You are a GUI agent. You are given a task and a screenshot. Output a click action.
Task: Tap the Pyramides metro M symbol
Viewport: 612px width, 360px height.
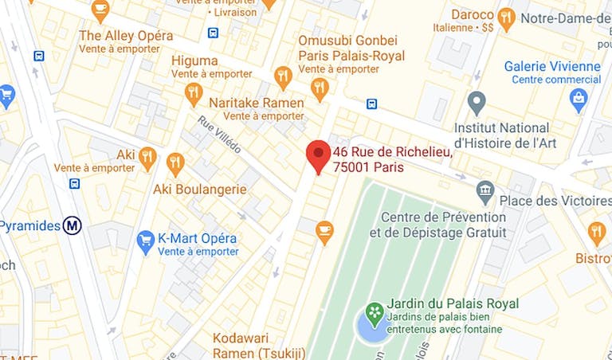pos(73,225)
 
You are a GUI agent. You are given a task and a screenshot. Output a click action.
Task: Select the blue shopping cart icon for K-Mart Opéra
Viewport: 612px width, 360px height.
pos(145,239)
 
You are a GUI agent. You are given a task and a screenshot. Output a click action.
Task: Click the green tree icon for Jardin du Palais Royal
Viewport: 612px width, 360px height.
pos(373,311)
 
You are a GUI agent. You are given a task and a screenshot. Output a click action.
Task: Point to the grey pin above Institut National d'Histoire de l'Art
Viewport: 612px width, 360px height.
pos(477,102)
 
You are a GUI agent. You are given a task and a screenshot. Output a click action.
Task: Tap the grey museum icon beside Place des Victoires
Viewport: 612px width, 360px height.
pos(485,191)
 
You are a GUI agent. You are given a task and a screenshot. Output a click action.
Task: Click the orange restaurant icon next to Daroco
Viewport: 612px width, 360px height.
pos(506,17)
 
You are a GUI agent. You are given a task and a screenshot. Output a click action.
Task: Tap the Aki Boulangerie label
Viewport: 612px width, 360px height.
pos(200,190)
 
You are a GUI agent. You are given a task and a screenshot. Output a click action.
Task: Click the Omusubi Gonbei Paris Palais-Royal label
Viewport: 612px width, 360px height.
pos(351,48)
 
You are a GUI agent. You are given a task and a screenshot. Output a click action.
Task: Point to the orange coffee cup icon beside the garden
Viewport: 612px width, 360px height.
pos(324,231)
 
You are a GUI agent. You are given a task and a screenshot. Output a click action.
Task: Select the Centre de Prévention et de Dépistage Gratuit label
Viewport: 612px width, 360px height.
pos(437,225)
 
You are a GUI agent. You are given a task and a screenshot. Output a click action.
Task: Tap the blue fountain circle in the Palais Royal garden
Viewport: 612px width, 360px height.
pos(371,327)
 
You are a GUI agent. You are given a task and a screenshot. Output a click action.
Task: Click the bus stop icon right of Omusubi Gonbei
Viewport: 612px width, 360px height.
pos(371,104)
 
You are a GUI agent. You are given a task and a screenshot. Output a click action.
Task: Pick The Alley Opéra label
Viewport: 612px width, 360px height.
pos(126,36)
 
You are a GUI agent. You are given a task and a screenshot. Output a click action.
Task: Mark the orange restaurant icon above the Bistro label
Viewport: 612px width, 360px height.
pos(597,233)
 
